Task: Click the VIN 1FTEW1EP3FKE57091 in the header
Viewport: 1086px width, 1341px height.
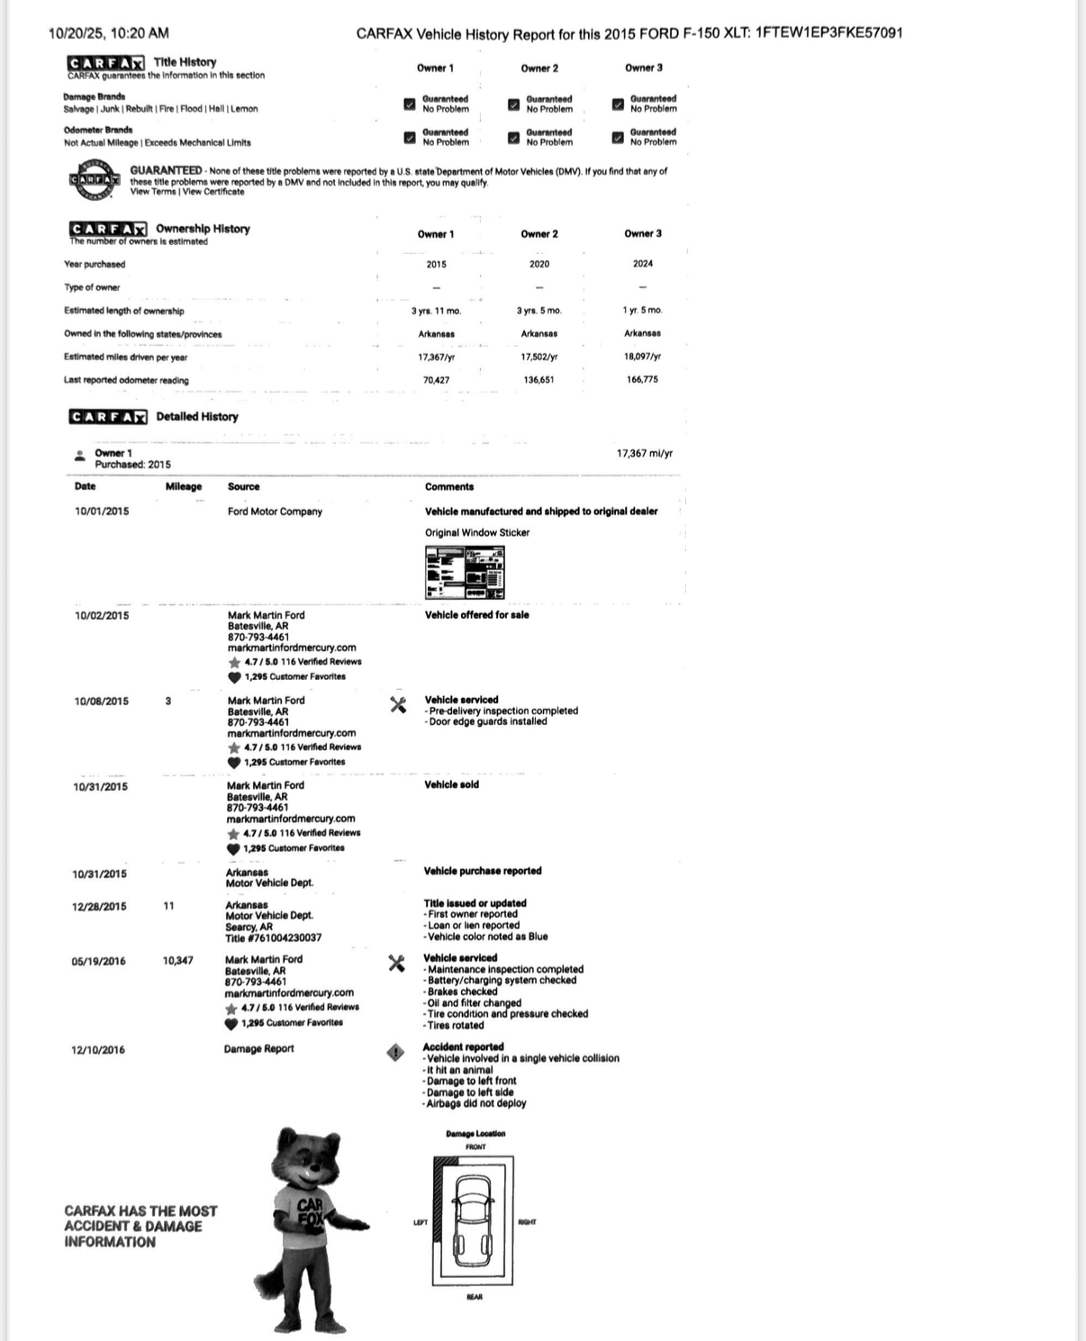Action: click(828, 33)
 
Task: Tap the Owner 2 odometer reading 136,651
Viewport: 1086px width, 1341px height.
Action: click(538, 380)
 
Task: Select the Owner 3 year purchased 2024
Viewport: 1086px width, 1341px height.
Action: click(642, 264)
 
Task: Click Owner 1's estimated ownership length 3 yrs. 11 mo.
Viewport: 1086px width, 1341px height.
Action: click(436, 311)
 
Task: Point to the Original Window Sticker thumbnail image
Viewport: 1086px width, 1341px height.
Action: click(465, 572)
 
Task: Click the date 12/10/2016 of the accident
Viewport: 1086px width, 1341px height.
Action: click(98, 1050)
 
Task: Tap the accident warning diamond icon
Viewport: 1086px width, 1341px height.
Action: click(395, 1052)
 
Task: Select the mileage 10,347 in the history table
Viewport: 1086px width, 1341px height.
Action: click(177, 961)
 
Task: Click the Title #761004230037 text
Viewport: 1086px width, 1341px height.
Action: click(273, 938)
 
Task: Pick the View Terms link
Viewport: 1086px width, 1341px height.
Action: click(153, 192)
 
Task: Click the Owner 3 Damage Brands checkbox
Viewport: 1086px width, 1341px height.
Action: click(618, 104)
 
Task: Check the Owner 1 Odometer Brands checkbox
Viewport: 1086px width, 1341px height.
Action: click(410, 138)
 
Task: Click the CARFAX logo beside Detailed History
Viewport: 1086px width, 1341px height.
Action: click(107, 417)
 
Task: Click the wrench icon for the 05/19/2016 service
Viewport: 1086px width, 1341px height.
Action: click(395, 964)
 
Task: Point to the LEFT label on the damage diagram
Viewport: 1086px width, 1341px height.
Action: click(421, 1222)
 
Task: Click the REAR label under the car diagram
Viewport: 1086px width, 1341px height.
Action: click(475, 1297)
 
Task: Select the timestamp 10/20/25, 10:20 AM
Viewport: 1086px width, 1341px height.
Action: click(108, 33)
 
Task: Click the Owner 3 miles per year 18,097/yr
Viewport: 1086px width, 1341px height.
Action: click(642, 357)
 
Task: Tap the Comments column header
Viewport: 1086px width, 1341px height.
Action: click(448, 487)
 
